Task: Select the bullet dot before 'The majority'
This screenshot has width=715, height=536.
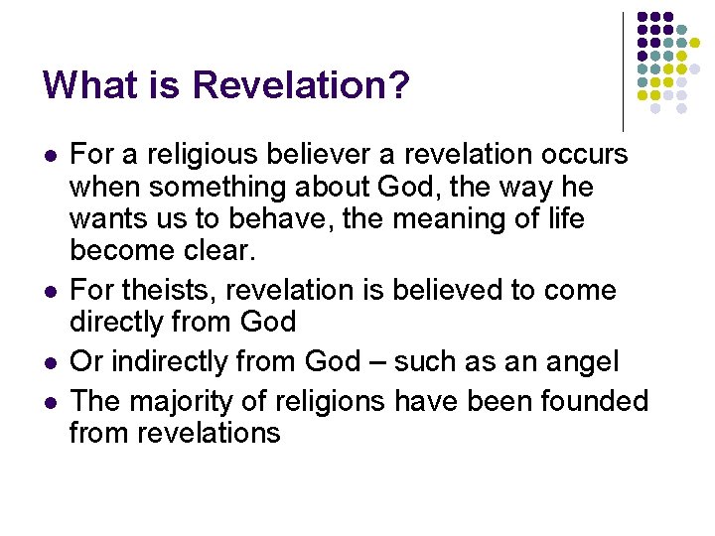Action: pyautogui.click(x=50, y=403)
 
